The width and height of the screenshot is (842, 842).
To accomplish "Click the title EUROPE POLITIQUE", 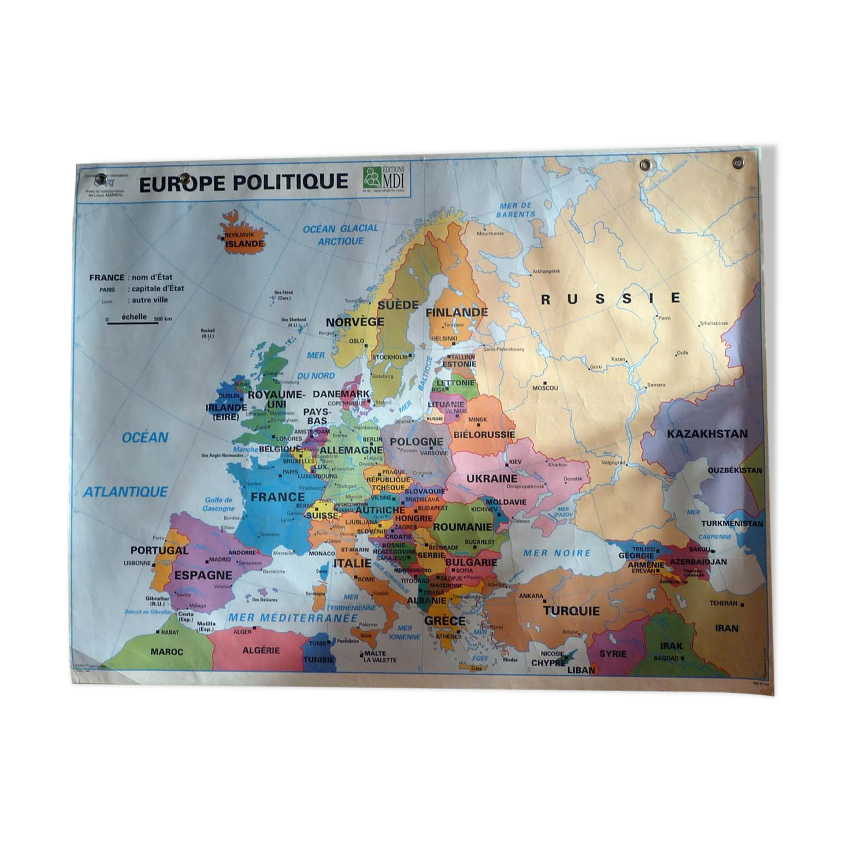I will [x=243, y=183].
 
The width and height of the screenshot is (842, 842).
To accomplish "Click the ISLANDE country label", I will [x=244, y=244].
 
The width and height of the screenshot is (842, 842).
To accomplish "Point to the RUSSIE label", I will [x=610, y=299].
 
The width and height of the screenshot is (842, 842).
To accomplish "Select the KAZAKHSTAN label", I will [x=707, y=434].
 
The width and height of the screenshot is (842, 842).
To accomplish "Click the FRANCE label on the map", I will [x=277, y=497].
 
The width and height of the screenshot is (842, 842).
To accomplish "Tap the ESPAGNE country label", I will [x=203, y=575].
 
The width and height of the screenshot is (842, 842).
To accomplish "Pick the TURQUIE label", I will [x=571, y=611].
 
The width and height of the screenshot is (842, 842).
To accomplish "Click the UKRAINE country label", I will [x=492, y=479].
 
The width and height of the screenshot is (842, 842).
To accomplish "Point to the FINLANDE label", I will [x=457, y=313].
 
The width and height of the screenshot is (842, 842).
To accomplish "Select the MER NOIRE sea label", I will [x=557, y=553].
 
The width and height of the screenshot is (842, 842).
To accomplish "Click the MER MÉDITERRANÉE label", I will [x=292, y=618].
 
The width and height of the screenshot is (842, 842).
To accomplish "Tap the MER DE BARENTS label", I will [x=515, y=210].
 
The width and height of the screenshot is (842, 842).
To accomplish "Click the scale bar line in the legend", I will [x=132, y=322].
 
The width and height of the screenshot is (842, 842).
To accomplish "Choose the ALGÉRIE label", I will [x=261, y=650].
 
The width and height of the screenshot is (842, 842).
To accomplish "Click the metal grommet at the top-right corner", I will [x=738, y=163].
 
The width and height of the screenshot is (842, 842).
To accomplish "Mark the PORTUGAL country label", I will [x=159, y=550].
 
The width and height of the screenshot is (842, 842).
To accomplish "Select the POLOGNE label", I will [x=416, y=442].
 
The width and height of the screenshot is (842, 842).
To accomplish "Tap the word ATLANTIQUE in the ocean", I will [x=125, y=492].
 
